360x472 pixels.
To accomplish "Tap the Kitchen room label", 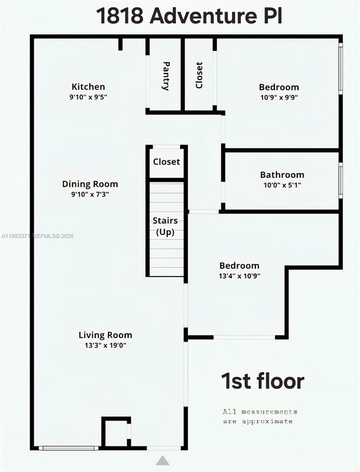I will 88,87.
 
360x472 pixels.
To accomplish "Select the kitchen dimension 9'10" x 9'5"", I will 88,97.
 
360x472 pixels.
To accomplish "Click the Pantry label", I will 166,76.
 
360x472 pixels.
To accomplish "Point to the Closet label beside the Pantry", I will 199,75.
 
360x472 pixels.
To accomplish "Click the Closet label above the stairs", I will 166,162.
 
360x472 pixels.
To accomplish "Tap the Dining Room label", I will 90,184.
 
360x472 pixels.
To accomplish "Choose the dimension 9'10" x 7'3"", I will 90,194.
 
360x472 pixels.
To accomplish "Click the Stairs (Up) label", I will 165,226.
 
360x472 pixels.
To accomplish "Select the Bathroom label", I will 282,175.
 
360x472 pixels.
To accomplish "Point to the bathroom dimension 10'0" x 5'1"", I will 282,185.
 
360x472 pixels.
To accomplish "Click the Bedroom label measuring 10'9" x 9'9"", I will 279,87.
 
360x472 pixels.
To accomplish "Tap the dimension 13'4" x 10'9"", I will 239,276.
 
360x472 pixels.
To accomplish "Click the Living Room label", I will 105,335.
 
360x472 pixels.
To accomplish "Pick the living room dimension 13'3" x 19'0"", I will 105,345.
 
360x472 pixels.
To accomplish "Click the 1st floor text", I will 263,381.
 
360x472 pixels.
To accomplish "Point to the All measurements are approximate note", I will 260,416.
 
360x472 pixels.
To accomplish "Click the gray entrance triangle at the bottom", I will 162,460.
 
